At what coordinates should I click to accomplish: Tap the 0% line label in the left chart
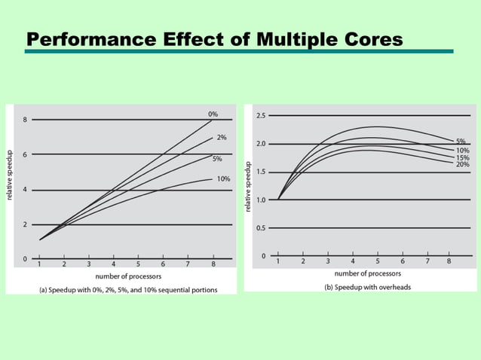213,114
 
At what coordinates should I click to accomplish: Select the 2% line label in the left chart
222,138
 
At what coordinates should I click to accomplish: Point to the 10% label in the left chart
223,178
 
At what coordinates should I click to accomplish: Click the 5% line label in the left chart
217,159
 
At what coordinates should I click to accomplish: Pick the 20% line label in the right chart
463,164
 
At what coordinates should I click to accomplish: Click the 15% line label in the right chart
463,157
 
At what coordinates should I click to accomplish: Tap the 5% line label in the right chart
461,142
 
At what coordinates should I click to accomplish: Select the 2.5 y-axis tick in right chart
260,115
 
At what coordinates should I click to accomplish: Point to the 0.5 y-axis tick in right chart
260,228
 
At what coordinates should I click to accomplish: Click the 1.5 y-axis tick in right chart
260,172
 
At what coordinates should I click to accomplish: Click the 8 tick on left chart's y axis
24,119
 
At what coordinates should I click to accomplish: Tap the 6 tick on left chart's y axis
24,154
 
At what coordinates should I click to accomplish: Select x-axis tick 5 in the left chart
138,265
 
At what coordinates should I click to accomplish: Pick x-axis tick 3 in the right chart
328,261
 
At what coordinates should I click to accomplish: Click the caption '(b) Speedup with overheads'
367,288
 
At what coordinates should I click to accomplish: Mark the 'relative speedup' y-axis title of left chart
11,182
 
